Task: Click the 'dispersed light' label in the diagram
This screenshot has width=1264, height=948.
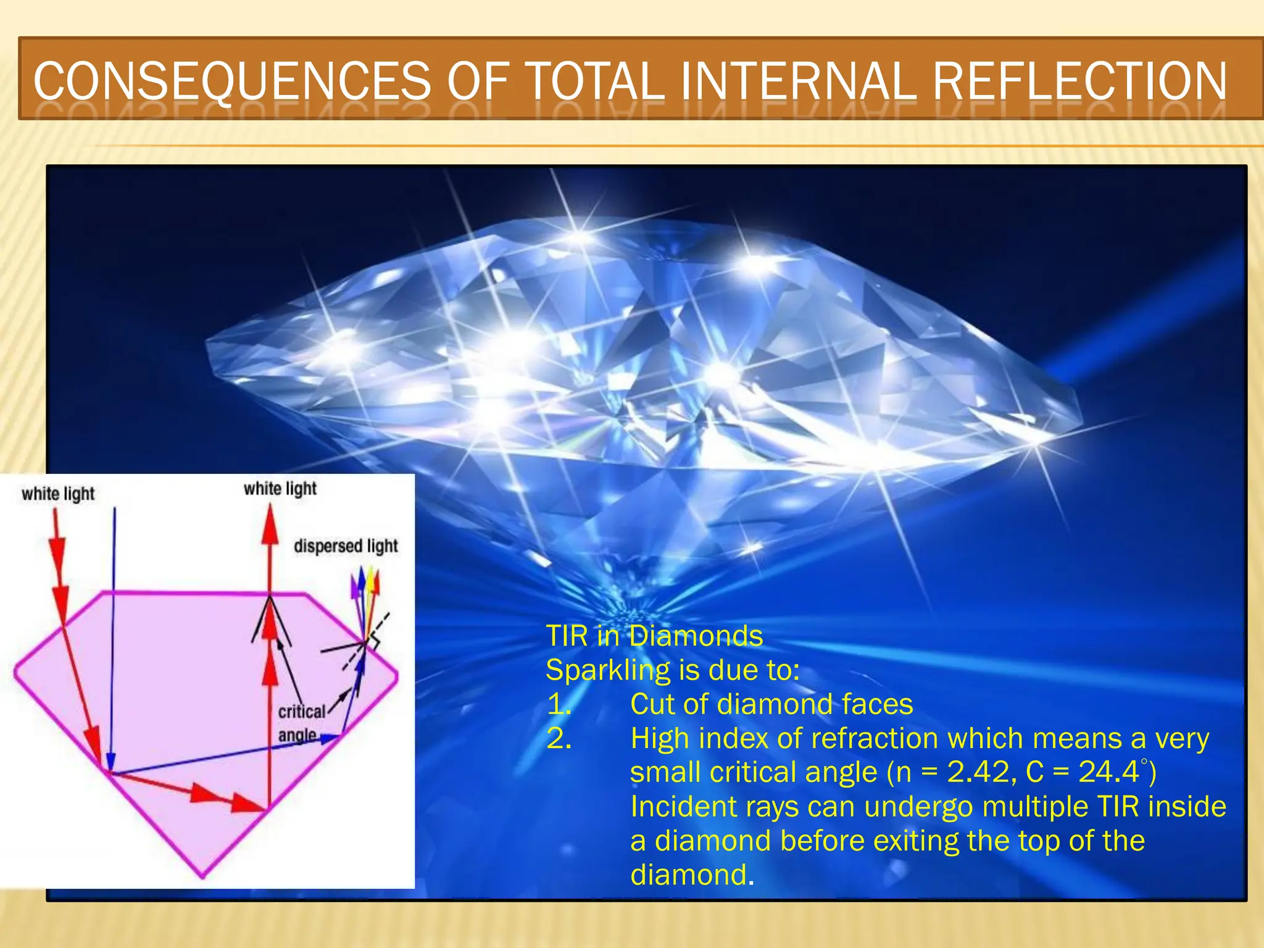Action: click(x=346, y=546)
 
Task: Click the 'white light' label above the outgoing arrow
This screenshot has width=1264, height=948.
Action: click(x=280, y=489)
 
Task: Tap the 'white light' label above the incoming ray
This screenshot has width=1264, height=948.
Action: click(x=58, y=494)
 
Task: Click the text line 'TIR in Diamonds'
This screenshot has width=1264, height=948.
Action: click(x=654, y=636)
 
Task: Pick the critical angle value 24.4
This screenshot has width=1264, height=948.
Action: click(x=1108, y=772)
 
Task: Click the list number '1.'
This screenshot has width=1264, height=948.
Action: click(x=559, y=704)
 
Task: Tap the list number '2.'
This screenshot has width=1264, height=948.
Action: click(x=559, y=738)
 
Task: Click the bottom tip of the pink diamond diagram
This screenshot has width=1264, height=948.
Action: click(x=203, y=876)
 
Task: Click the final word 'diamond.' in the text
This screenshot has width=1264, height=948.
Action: click(x=692, y=875)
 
